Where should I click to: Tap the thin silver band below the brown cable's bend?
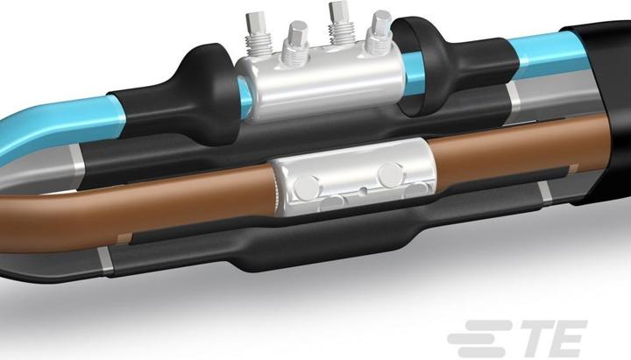105,258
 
